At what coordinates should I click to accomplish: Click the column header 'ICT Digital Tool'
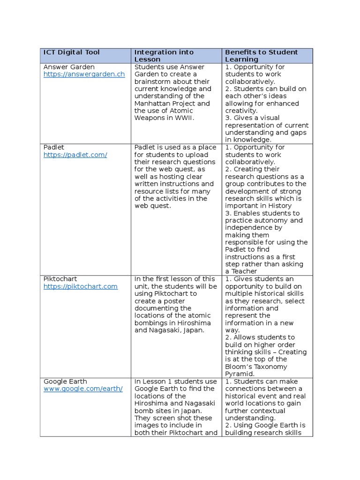(x=72, y=52)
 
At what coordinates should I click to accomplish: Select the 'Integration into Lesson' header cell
(x=164, y=56)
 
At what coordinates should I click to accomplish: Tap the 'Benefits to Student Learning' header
(x=261, y=56)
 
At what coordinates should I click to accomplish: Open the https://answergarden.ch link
(x=84, y=74)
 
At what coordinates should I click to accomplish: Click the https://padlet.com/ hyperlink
(x=75, y=155)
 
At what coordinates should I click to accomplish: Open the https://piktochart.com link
(x=81, y=286)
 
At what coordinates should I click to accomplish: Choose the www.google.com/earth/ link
(x=83, y=389)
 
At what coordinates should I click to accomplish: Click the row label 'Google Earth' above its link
(x=65, y=382)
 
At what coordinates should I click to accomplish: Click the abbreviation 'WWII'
(x=184, y=118)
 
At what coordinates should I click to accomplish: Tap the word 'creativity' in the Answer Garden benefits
(x=240, y=111)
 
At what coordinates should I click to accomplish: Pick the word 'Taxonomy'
(x=272, y=367)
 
